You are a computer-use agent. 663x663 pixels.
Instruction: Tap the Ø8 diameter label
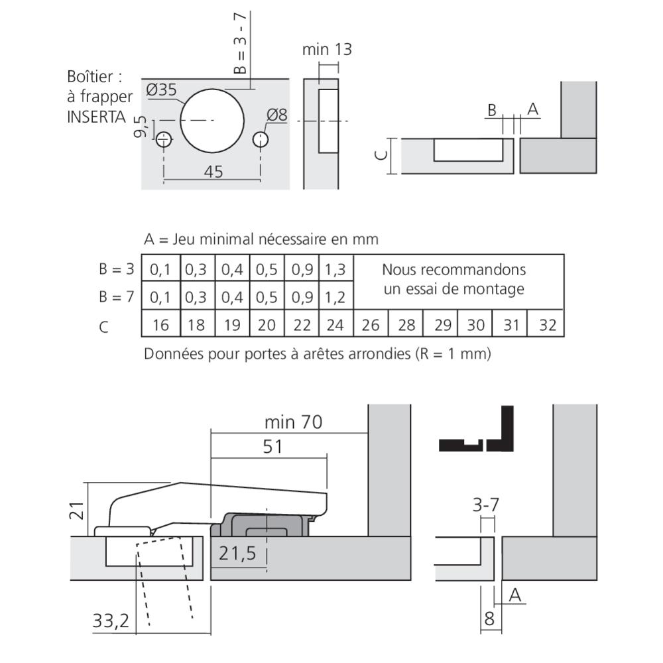coord(276,115)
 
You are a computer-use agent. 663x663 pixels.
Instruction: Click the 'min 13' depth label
coord(326,50)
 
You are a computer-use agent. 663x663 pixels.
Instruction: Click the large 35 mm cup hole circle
coord(212,120)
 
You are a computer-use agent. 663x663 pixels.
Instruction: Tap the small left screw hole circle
coord(164,140)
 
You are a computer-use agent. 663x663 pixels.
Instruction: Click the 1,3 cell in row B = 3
coord(336,270)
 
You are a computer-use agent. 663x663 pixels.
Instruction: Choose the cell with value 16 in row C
coord(160,326)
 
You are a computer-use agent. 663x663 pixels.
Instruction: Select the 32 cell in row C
coord(547,326)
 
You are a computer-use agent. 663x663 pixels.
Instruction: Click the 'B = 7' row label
coord(117,297)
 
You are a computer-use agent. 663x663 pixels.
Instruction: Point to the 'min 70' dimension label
coord(293,422)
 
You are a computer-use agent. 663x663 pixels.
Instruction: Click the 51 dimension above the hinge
coord(272,447)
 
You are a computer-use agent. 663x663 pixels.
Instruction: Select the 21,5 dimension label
coord(237,554)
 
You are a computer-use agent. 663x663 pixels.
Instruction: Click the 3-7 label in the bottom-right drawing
coord(485,506)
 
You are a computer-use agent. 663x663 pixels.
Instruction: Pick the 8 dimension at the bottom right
coord(489,619)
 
